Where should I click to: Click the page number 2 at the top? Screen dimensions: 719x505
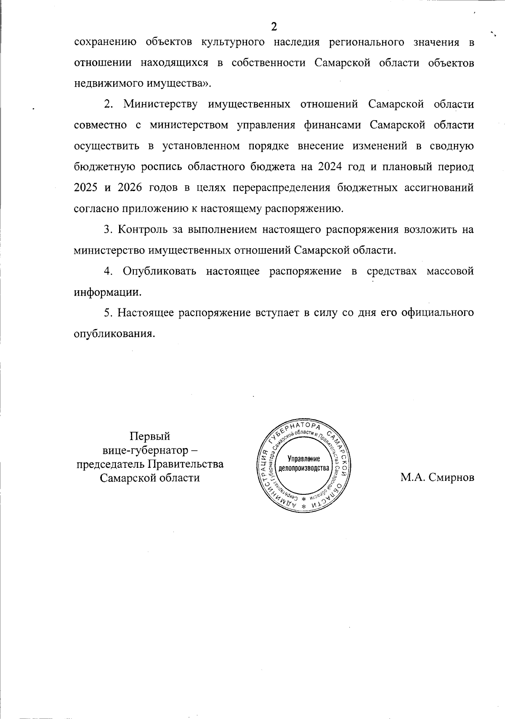pos(274,27)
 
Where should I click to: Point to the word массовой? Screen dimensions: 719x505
pos(450,271)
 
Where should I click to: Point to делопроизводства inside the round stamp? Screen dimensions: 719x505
pos(303,467)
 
